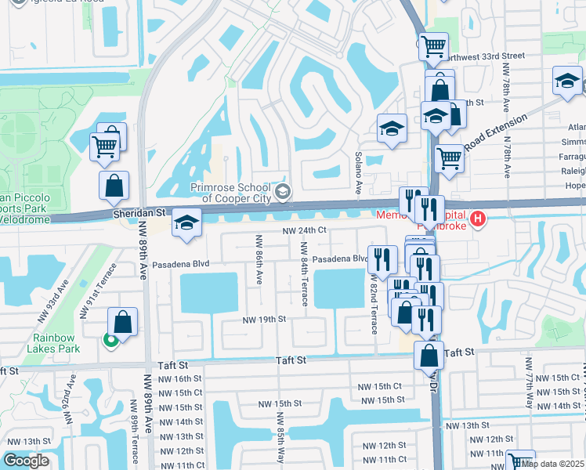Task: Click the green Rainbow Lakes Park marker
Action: pos(110,339)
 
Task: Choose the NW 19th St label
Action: pos(264,320)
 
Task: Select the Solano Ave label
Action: pos(358,173)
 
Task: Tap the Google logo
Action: pos(27,461)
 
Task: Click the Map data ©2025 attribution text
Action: pos(553,463)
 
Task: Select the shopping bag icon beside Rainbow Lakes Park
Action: pos(123,321)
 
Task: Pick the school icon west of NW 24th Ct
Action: pos(186,225)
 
